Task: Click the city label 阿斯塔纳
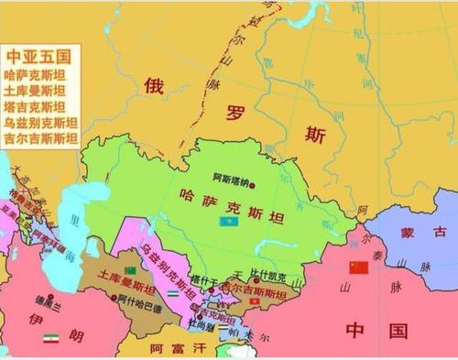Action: (231, 177)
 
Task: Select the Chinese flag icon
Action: (358, 267)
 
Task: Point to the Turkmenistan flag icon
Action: (131, 270)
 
